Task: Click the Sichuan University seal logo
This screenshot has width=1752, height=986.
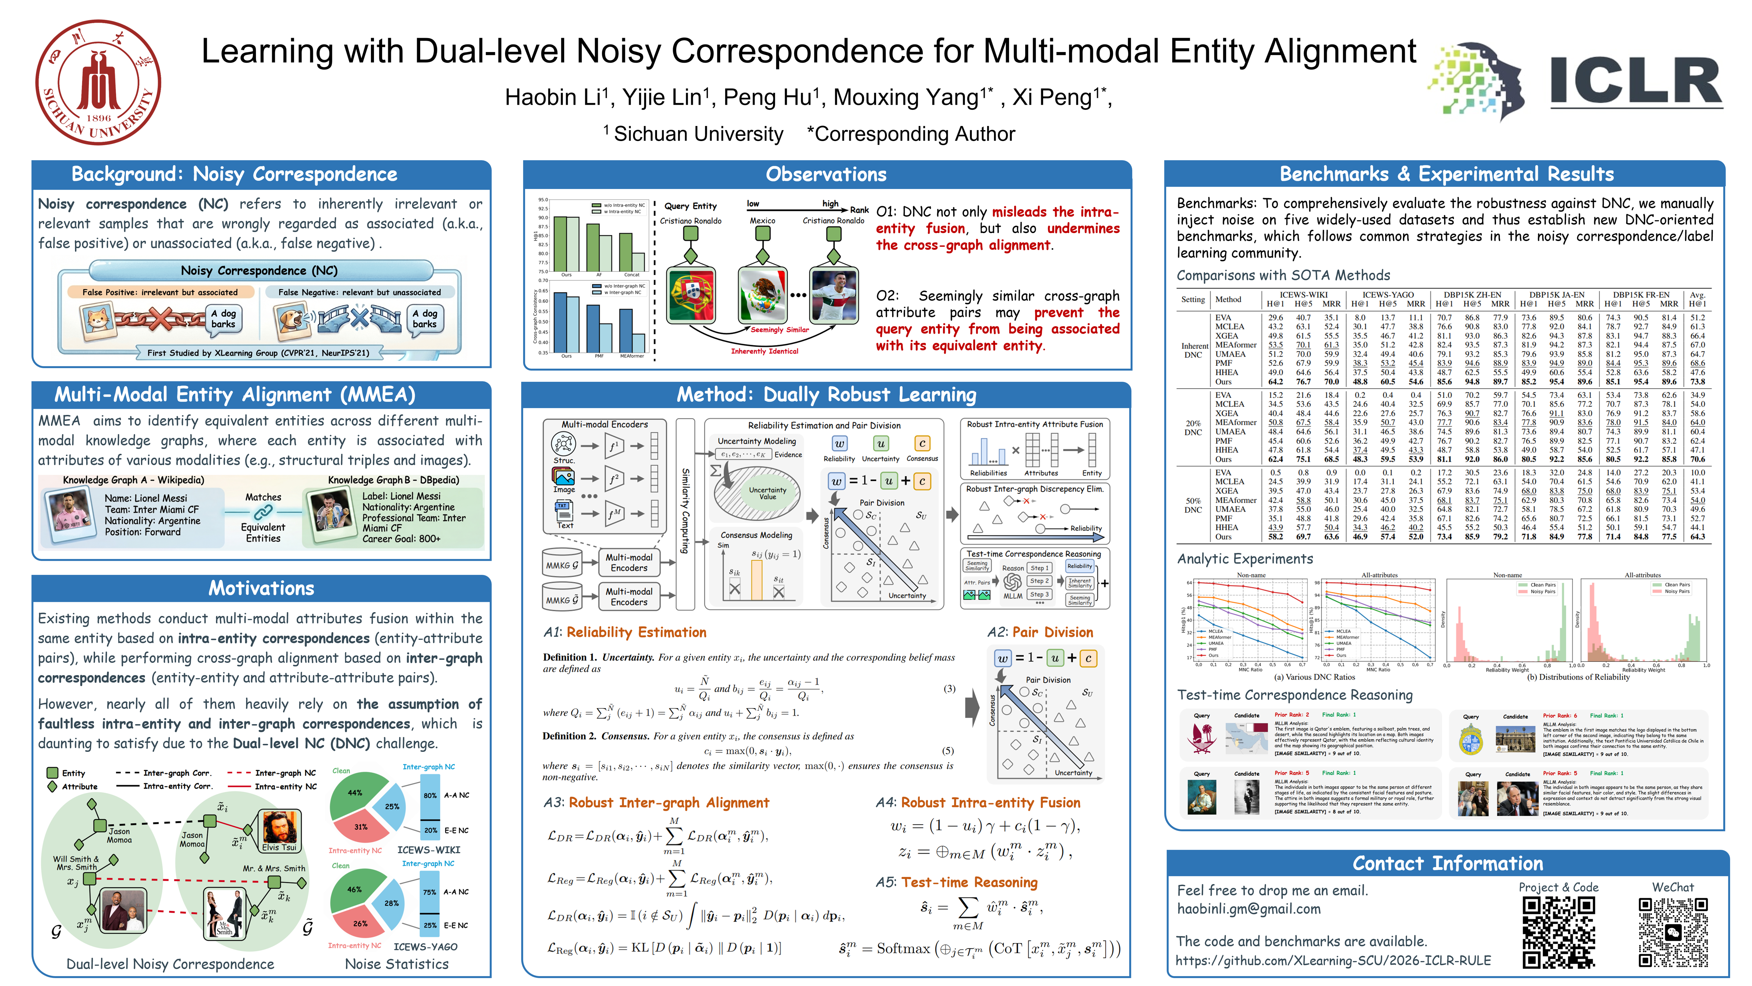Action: coord(99,82)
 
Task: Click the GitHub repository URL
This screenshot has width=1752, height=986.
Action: coord(1333,960)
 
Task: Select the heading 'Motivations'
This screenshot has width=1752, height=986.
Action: coord(261,588)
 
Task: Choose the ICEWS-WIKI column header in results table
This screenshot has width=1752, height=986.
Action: coord(1303,295)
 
